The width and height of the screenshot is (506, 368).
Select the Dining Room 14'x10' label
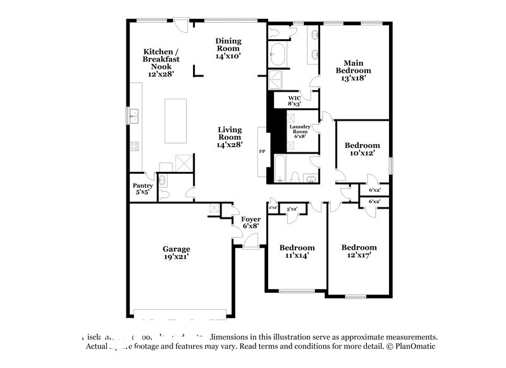click(x=228, y=49)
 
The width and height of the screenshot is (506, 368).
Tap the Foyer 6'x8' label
click(x=251, y=223)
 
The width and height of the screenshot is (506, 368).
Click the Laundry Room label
click(x=300, y=131)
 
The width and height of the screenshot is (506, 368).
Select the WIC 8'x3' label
click(x=294, y=102)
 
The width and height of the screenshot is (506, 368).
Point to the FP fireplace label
click(x=262, y=152)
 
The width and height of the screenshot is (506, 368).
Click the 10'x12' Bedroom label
click(x=362, y=149)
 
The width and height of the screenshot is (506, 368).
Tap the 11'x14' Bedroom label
click(x=297, y=252)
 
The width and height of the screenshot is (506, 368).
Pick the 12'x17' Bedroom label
click(x=359, y=252)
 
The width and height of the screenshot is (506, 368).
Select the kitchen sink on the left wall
click(x=133, y=116)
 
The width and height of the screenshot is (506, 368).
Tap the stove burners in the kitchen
click(x=134, y=148)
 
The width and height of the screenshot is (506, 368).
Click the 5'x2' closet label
click(x=292, y=209)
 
